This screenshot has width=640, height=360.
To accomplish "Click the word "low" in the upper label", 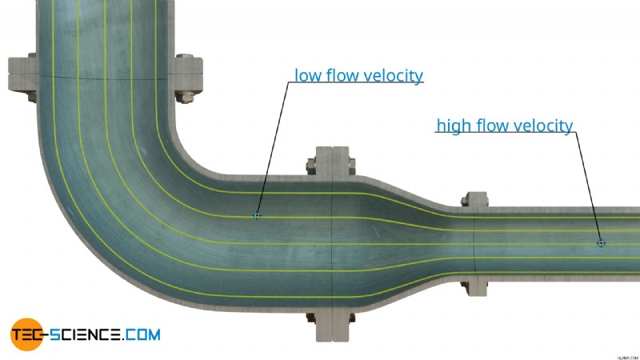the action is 308,75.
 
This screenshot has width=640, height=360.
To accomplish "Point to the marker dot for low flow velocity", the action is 257,215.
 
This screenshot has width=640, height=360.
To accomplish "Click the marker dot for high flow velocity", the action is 601,243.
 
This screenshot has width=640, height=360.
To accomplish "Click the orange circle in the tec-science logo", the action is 27,334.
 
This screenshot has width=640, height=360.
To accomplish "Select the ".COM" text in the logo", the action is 142,334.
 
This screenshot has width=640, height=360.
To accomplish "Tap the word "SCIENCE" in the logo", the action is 85,334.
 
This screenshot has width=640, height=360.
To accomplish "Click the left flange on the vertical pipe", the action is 23,74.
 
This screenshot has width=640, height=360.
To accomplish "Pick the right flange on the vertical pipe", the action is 189,77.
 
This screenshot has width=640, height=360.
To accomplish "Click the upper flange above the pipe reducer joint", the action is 333,162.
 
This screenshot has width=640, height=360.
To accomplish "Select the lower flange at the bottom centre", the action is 333,326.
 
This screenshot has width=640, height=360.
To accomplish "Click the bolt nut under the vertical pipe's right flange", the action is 184,98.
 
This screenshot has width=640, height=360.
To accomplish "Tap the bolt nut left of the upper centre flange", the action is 311,166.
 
